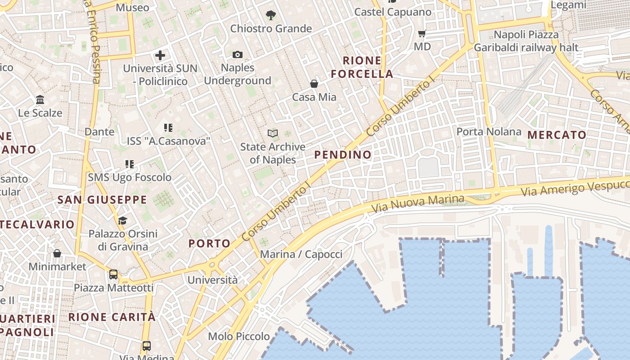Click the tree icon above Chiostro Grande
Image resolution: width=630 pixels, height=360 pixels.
270,16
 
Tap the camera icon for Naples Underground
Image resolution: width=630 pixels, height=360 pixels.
238,55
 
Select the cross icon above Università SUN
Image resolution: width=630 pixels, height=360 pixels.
160,56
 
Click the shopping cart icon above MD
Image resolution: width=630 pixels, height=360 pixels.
422,34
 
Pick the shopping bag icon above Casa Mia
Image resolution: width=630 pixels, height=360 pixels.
314,84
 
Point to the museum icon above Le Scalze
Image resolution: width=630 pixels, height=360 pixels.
40,99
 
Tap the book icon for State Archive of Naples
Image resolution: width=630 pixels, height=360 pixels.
273,133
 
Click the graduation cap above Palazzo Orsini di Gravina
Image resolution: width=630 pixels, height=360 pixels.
122,220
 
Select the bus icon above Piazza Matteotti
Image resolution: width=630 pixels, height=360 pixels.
113,274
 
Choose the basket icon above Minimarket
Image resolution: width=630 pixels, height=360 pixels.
57,254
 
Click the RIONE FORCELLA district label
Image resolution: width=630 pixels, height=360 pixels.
362,67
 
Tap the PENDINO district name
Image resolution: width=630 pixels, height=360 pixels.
343,155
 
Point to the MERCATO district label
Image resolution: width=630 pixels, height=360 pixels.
557,135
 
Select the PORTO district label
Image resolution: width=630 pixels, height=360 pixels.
209,243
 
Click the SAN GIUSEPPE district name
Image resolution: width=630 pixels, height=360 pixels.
102,200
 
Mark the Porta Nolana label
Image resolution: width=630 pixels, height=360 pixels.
489,132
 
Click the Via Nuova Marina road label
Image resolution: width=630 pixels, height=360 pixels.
418,203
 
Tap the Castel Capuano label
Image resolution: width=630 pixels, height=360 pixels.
393,12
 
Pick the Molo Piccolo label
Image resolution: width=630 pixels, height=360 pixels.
239,336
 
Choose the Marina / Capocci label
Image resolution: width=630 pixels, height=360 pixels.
301,254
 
